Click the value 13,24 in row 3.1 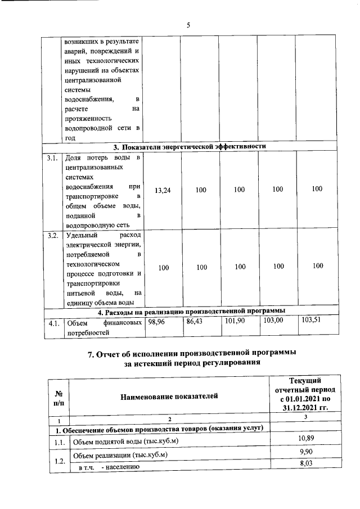[163, 191]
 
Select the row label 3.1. [53, 158]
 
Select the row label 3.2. [53, 235]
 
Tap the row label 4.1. [53, 323]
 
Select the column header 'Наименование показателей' [169, 397]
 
